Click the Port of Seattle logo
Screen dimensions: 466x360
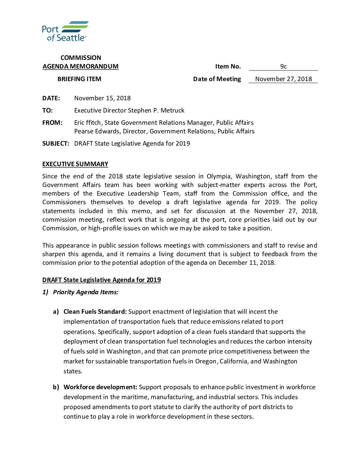coord(65,31)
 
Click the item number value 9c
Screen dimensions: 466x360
coord(283,67)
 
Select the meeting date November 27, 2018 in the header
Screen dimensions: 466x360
coord(283,79)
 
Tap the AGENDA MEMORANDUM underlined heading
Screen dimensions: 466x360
coord(80,67)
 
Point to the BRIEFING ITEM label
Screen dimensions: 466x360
coord(79,79)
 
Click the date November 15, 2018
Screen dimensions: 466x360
coord(102,98)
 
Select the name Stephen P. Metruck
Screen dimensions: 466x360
coord(156,111)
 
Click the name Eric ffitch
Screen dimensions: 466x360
coord(88,123)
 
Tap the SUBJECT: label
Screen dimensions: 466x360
coord(56,144)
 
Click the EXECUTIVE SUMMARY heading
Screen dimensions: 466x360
coord(75,164)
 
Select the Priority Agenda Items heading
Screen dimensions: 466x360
coord(85,292)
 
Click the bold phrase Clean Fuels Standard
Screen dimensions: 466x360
coord(95,312)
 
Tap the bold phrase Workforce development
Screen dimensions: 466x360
coord(100,387)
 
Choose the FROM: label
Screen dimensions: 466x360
coord(52,123)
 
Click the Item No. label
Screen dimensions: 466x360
coord(228,67)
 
